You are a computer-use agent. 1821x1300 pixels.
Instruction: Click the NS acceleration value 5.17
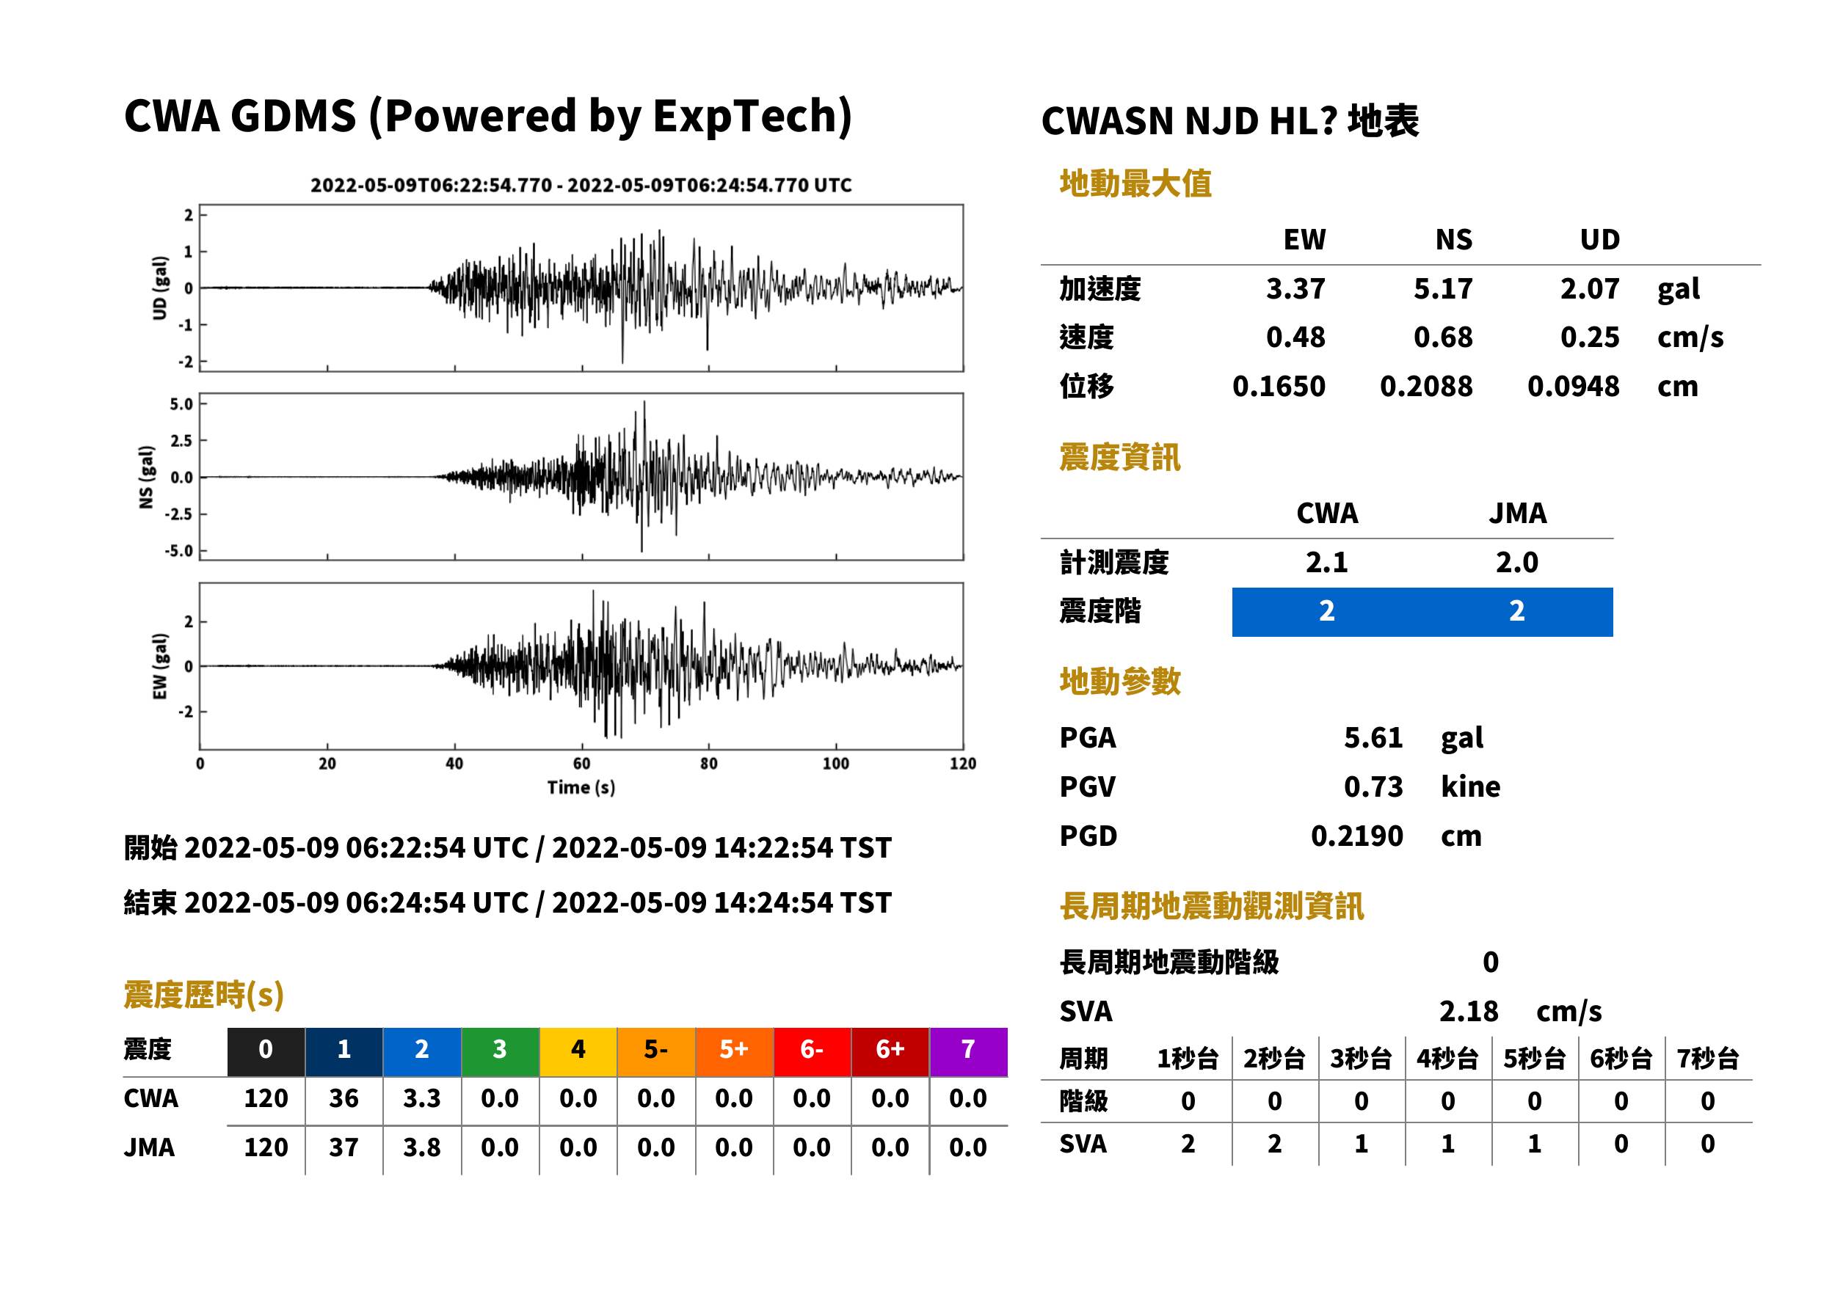(1442, 289)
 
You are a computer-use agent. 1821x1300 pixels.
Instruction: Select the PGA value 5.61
(1373, 737)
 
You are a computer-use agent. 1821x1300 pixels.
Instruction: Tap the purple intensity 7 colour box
(968, 1051)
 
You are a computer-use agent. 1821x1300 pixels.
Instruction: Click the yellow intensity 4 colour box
(578, 1051)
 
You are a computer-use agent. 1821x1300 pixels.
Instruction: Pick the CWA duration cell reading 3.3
(422, 1098)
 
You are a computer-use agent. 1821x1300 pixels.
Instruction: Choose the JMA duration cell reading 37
(344, 1147)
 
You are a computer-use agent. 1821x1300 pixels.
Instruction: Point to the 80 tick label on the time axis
(709, 764)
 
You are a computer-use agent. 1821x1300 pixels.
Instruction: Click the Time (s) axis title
(581, 788)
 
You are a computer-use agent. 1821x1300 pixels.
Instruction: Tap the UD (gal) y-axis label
(160, 288)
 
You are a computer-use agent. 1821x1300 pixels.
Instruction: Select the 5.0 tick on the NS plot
(181, 403)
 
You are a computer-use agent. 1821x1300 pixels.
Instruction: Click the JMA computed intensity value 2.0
(1516, 563)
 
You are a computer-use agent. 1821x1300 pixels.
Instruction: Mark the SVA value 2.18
(1469, 1012)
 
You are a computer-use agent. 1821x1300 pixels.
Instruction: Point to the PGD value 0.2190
(1356, 836)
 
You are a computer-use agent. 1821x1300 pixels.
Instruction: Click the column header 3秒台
(1362, 1059)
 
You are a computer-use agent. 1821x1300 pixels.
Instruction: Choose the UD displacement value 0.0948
(1574, 387)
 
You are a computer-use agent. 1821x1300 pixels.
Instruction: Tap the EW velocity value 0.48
(1295, 337)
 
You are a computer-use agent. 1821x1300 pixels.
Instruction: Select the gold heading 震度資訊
(1119, 458)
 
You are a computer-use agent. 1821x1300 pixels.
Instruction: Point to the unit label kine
(1470, 787)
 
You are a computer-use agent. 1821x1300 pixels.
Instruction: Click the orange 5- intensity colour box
(656, 1051)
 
